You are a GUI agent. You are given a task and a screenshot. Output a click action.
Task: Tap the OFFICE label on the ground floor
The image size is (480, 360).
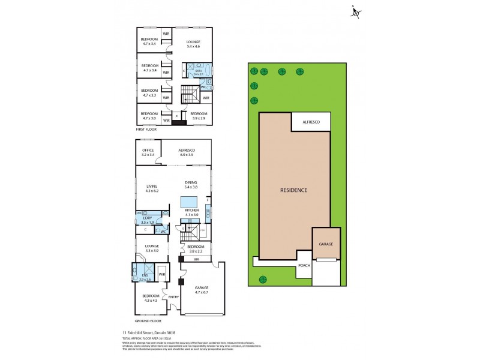[x=148, y=152]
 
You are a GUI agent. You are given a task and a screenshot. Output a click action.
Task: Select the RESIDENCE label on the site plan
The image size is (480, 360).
[x=294, y=190]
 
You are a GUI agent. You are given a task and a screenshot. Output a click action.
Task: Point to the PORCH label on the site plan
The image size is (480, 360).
[x=305, y=265]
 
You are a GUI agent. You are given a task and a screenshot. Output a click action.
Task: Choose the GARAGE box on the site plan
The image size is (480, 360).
[x=326, y=245]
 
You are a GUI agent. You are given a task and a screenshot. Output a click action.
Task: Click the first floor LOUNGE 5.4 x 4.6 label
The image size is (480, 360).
[x=193, y=43]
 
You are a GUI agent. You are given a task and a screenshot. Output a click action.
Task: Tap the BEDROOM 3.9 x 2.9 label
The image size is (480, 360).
[x=199, y=116]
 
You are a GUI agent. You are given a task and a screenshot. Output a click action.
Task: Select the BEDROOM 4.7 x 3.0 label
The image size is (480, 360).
[x=149, y=116]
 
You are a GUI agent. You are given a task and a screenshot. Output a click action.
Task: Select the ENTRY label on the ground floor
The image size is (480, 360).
[x=173, y=296]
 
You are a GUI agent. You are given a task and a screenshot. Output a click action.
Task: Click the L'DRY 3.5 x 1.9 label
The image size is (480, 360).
[x=147, y=220]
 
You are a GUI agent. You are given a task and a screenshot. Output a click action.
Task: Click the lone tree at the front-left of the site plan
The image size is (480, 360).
[x=262, y=278]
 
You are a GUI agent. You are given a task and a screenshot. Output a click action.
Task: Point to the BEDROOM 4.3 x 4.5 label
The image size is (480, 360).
[x=151, y=298]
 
